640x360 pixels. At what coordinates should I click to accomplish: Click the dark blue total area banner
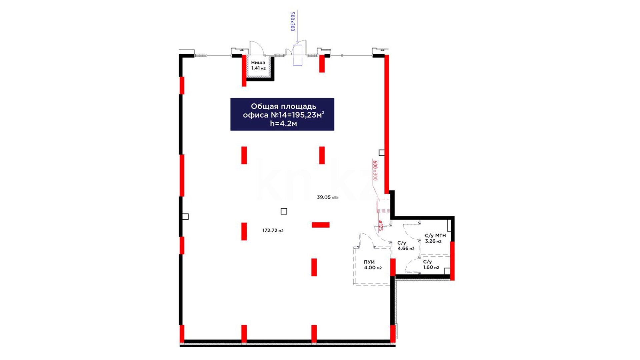(282, 114)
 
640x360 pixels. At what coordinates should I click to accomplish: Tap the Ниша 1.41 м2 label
(258, 65)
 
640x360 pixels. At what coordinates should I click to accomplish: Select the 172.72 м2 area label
(273, 230)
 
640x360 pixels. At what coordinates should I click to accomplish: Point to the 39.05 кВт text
(328, 197)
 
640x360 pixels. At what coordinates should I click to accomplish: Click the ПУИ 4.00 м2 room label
(373, 265)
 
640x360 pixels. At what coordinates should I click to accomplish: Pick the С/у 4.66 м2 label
(406, 246)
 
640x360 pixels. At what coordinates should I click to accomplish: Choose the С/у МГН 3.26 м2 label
(435, 238)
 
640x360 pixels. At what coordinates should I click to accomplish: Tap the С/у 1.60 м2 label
(431, 264)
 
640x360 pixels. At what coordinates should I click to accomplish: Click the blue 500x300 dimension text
(293, 22)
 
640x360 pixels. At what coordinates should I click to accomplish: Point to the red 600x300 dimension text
(375, 170)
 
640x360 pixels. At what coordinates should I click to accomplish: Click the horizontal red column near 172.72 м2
(321, 225)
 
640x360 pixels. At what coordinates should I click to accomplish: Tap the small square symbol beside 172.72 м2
(284, 211)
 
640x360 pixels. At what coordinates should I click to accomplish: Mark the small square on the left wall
(186, 217)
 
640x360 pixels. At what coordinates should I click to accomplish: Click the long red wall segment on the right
(387, 124)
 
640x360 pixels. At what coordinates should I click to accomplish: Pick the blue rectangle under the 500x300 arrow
(298, 55)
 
